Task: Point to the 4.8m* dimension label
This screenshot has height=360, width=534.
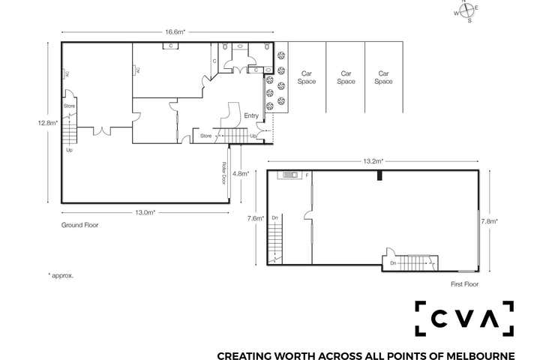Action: tap(240, 173)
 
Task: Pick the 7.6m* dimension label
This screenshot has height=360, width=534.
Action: tap(256, 219)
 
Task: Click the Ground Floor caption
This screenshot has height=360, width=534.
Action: tap(79, 225)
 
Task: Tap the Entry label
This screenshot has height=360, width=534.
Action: tap(251, 115)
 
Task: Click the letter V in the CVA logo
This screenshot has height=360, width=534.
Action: tap(465, 318)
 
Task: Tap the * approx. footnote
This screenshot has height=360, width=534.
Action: tap(61, 275)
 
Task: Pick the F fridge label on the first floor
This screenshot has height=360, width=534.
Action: tap(307, 175)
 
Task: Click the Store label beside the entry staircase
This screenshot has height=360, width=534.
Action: tap(206, 136)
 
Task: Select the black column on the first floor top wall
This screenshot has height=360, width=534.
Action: tap(381, 175)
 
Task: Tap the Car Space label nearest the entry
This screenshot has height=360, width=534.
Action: tap(307, 77)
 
